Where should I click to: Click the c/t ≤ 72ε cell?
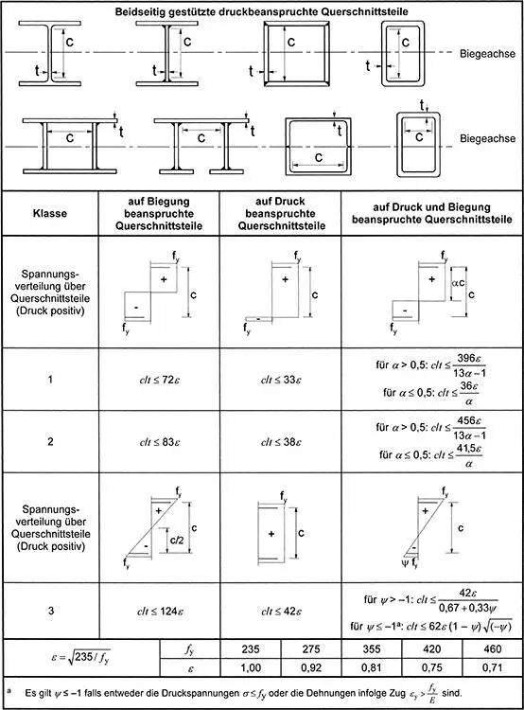point(159,380)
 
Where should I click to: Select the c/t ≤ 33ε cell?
point(281,380)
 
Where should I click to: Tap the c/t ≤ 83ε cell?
point(159,441)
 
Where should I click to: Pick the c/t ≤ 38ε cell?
point(281,441)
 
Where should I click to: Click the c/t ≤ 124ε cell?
point(160,612)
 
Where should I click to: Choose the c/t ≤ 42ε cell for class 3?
point(281,612)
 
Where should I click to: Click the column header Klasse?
point(50,213)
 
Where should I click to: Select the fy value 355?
point(372,648)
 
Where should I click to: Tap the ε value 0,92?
point(311,667)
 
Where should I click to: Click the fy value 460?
point(493,648)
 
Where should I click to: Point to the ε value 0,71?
point(493,667)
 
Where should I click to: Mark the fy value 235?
point(251,648)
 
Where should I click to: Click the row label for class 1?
point(50,379)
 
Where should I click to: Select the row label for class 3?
point(51,611)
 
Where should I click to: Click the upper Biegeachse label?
point(487,53)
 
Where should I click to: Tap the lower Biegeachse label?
point(487,138)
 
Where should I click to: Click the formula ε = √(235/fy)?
point(80,657)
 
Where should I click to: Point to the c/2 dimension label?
point(177,541)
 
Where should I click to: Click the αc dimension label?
point(459,283)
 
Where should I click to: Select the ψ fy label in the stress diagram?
point(409,563)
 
